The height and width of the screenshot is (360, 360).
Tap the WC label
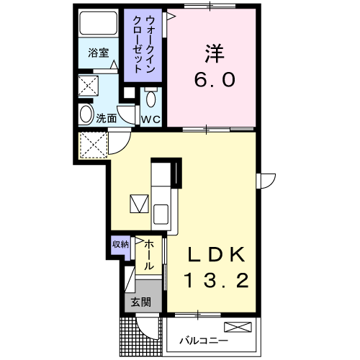(x=150, y=118)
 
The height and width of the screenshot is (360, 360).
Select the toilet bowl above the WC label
(x=150, y=98)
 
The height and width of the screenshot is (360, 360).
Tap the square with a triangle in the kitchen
(x=138, y=203)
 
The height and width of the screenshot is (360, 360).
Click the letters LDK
(x=217, y=255)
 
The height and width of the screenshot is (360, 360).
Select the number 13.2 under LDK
(x=217, y=279)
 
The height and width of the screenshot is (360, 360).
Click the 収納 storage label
(x=120, y=244)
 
